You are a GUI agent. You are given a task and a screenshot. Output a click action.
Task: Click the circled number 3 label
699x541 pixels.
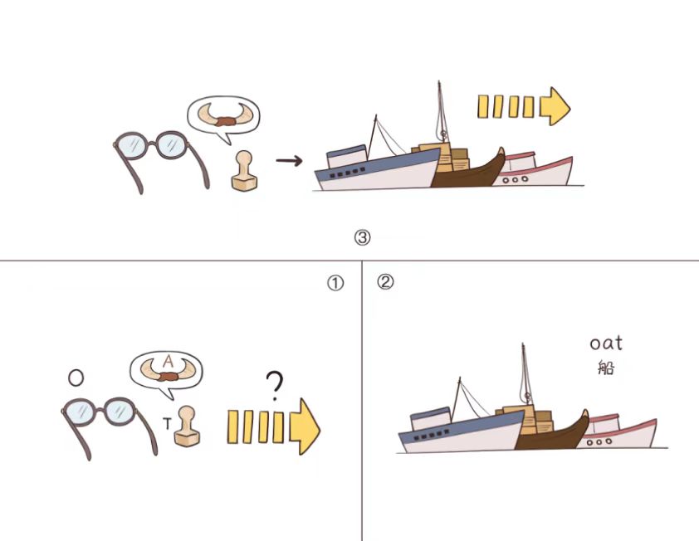(x=362, y=237)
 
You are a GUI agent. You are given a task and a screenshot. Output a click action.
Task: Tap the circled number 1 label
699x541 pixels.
(x=335, y=284)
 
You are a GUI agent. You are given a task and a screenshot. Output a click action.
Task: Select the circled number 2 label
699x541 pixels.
(x=385, y=281)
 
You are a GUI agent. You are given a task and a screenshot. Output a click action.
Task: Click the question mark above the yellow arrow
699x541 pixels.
(x=275, y=386)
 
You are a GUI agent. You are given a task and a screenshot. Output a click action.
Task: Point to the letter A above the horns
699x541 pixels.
(x=168, y=361)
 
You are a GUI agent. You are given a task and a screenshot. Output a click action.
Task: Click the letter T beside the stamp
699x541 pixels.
(x=167, y=423)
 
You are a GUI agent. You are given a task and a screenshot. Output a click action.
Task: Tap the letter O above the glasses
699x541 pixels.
(x=76, y=378)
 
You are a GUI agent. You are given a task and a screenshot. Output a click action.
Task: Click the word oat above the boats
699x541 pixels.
(x=606, y=344)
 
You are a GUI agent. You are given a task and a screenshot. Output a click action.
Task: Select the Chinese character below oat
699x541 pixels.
(x=606, y=368)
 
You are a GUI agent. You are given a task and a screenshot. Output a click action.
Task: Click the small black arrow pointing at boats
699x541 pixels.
(x=289, y=160)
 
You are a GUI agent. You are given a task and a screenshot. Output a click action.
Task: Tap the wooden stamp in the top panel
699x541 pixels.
(x=244, y=171)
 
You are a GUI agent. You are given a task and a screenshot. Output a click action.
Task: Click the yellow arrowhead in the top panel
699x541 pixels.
(x=555, y=106)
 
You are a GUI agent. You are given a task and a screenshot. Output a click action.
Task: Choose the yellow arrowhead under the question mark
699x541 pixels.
(x=305, y=426)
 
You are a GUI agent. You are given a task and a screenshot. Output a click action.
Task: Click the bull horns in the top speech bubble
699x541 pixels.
(x=223, y=115)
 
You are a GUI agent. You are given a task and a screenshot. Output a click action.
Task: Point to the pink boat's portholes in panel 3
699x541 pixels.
(x=515, y=179)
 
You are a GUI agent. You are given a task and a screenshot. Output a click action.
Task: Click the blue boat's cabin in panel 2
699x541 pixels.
(x=431, y=419)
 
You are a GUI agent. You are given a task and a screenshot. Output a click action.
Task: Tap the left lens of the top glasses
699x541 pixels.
(x=131, y=145)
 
